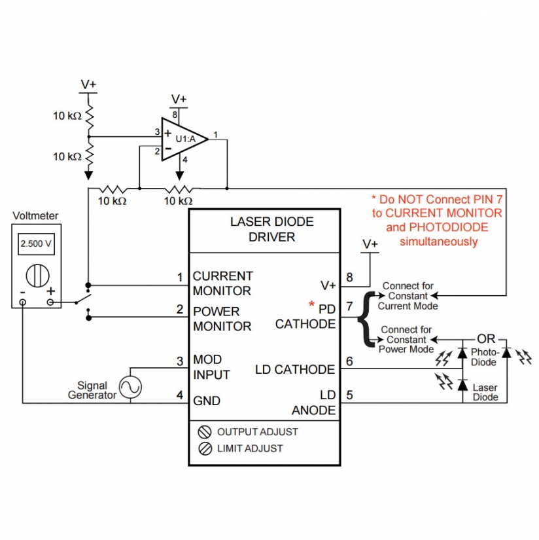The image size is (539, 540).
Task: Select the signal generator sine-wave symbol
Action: [x=130, y=387]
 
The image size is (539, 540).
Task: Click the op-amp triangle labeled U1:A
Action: [x=183, y=139]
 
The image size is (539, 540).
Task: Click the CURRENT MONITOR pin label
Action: [x=222, y=283]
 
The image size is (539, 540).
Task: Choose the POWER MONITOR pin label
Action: [x=222, y=319]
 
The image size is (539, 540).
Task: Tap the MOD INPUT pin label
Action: [x=211, y=367]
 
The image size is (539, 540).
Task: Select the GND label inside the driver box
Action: [x=207, y=401]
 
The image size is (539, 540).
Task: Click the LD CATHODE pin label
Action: [x=294, y=370]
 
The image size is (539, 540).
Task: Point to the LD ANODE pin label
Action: [x=313, y=403]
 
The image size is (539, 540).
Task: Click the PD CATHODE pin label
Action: [x=305, y=315]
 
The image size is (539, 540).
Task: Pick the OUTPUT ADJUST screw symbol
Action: [x=204, y=432]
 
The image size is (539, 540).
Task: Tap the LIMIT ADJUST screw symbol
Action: [x=204, y=448]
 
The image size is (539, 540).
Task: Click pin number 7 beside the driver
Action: [x=349, y=306]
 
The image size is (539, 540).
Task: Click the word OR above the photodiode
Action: [x=486, y=339]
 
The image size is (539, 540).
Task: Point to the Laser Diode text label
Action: [x=485, y=392]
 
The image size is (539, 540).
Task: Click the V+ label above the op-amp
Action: [x=179, y=99]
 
